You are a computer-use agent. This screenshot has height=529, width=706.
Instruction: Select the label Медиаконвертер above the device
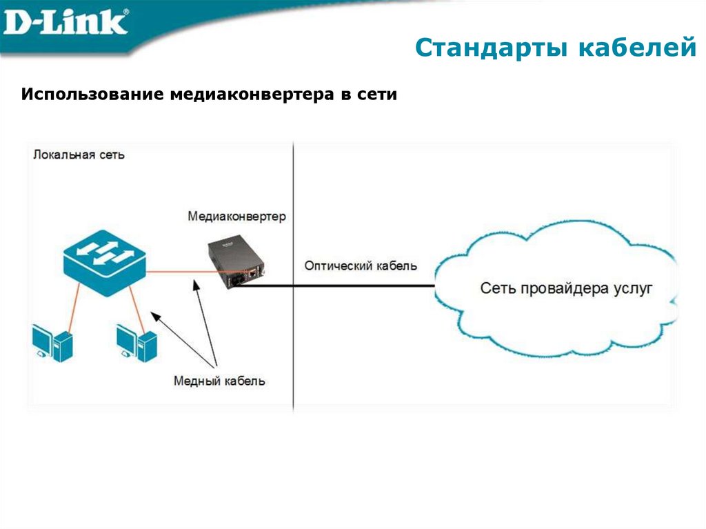point(236,217)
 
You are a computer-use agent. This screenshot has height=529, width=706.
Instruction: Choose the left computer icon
point(52,342)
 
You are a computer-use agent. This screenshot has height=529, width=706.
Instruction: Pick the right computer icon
point(137,342)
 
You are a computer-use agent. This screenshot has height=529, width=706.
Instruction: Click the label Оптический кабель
point(360,266)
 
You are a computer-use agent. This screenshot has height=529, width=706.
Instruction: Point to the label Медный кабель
point(219,381)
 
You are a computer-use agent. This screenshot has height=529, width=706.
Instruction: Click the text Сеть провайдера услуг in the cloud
point(565,288)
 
